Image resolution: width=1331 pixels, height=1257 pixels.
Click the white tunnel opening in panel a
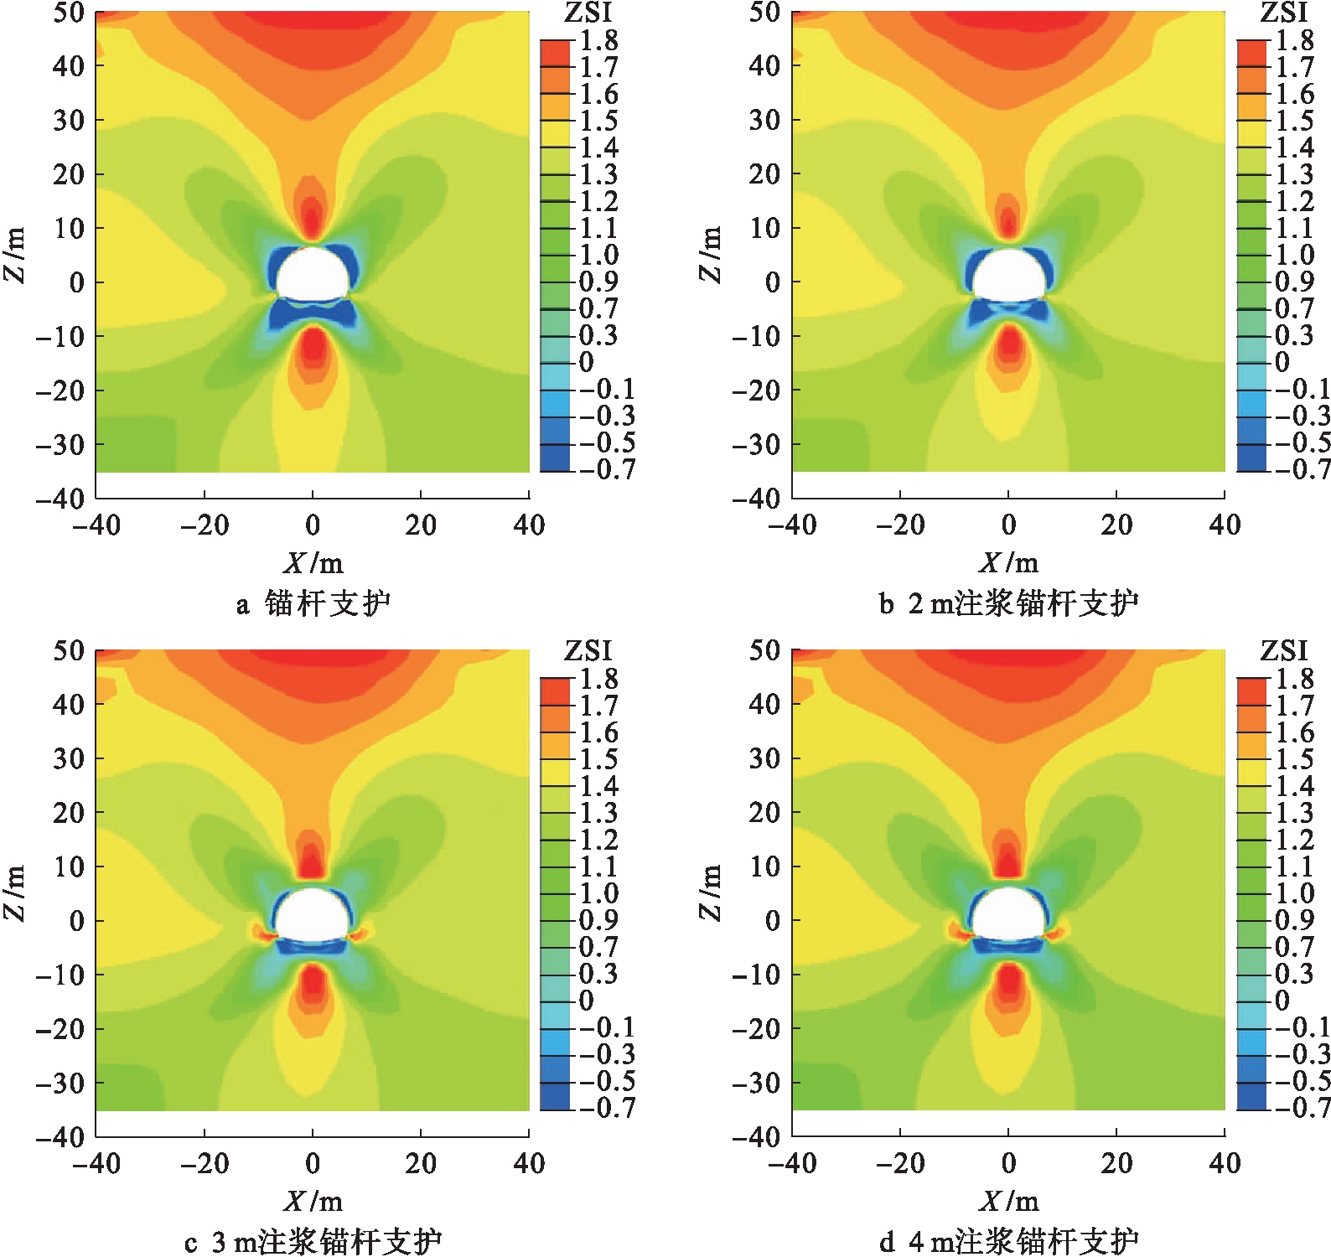[x=312, y=275]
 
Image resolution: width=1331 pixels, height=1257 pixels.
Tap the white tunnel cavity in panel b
[x=1008, y=275]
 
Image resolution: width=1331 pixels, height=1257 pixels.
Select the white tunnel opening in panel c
[x=312, y=915]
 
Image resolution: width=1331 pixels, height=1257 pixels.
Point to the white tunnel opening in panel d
[x=1008, y=915]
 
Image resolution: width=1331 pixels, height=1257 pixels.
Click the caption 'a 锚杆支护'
[x=313, y=603]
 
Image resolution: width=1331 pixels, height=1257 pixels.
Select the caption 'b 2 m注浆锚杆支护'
[x=1008, y=603]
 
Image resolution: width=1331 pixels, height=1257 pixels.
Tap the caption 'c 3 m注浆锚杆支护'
[x=313, y=1241]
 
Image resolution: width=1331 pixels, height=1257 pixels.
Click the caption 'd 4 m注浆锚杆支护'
[x=1008, y=1241]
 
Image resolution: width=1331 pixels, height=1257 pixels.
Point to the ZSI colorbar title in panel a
[x=588, y=13]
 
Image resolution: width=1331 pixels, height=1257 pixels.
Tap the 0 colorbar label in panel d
[x=1282, y=1001]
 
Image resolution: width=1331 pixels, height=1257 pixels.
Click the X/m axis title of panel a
[x=313, y=562]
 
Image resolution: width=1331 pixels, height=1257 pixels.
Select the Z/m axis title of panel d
[x=710, y=892]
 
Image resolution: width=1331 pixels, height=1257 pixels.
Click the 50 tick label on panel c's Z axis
[x=69, y=651]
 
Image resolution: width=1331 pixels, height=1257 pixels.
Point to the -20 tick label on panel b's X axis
[x=900, y=525]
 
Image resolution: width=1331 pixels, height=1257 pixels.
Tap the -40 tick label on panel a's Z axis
[x=60, y=499]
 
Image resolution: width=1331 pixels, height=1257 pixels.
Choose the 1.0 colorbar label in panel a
[x=599, y=255]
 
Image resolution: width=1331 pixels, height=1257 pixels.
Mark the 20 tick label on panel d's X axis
[x=1116, y=1163]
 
